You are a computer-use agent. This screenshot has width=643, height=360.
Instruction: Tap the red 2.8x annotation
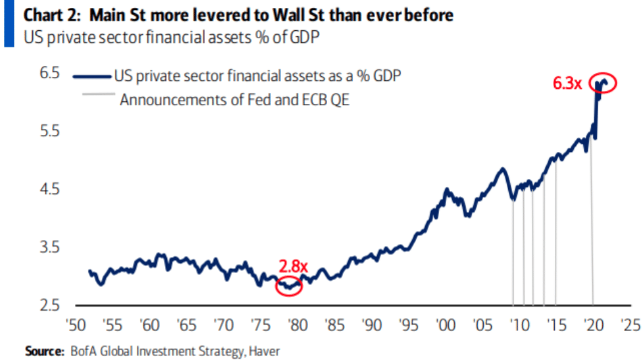pyautogui.click(x=293, y=267)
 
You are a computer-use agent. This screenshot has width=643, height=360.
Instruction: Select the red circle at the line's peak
pyautogui.click(x=604, y=83)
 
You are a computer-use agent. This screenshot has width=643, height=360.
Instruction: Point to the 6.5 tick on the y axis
pyautogui.click(x=50, y=74)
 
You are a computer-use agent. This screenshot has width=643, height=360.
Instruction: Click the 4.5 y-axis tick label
pyautogui.click(x=50, y=190)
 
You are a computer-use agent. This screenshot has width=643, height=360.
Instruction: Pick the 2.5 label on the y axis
pyautogui.click(x=50, y=305)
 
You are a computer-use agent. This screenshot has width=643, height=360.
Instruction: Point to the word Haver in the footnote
pyautogui.click(x=267, y=351)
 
